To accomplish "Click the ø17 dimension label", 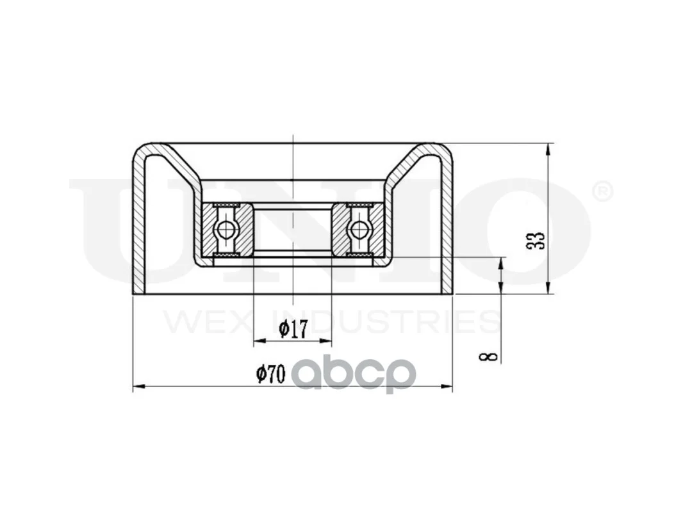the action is tap(293, 329).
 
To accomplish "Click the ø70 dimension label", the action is tap(270, 374).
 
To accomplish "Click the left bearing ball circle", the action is tap(226, 230).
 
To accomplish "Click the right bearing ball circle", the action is tap(359, 230).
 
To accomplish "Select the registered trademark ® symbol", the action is tap(604, 192).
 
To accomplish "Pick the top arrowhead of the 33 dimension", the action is tap(549, 148).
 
